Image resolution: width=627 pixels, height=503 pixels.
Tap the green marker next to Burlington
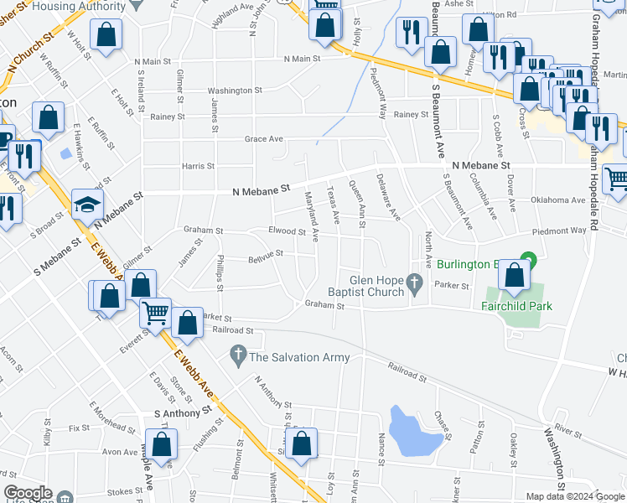[x=527, y=260]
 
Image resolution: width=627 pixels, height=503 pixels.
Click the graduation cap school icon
[x=87, y=203]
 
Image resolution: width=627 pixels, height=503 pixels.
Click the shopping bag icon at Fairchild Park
[x=514, y=274]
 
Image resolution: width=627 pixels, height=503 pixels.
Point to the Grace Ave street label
[x=264, y=139]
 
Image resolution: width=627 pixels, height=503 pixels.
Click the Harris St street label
[x=198, y=166]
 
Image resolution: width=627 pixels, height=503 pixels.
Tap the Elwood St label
[x=288, y=231]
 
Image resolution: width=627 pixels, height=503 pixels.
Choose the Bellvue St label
[x=265, y=251]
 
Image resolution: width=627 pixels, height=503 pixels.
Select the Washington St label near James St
[x=234, y=91]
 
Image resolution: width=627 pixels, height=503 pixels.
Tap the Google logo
[x=28, y=493]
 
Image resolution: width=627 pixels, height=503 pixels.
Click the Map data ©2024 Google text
[x=576, y=496]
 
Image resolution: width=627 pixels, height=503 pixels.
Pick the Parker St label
[x=451, y=285]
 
